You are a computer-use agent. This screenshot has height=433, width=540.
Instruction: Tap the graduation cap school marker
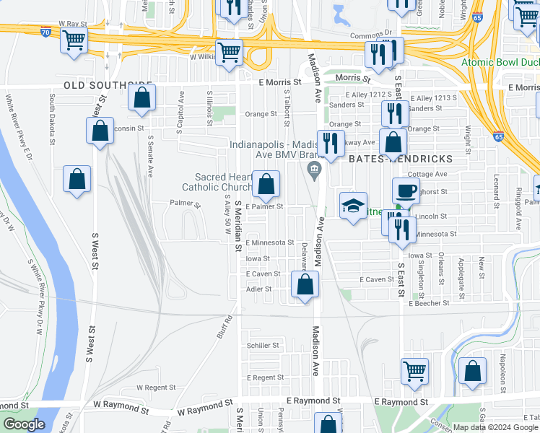coord(354,206)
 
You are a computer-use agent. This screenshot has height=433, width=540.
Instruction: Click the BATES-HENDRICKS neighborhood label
coord(401,158)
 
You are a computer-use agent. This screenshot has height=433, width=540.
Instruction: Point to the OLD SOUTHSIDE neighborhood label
coord(108,85)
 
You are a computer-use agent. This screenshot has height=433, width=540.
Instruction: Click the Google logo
coord(24,424)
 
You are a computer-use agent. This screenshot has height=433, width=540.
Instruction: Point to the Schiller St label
coord(264,346)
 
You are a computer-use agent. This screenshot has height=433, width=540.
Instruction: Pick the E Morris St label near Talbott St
coord(281,82)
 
